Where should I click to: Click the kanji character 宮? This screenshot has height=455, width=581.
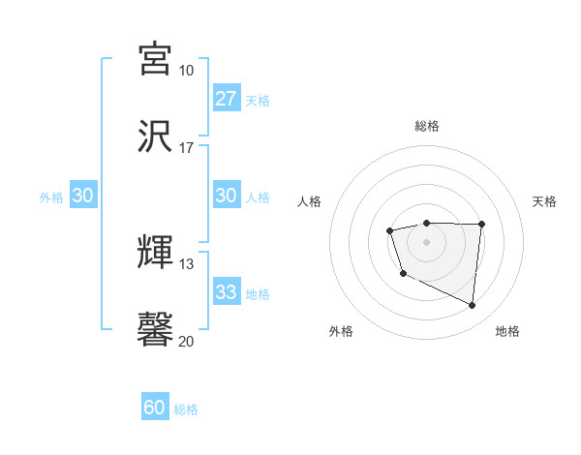click(156, 59)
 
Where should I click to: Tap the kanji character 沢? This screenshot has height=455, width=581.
click(156, 136)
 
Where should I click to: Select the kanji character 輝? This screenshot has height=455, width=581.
click(156, 253)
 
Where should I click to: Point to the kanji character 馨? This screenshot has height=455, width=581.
click(156, 330)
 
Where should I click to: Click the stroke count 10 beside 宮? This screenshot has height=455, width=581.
click(186, 71)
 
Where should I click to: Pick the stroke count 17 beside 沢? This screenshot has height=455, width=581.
click(186, 148)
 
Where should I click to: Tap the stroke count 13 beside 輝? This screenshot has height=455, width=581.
click(186, 264)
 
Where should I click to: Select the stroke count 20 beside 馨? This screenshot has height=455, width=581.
click(186, 342)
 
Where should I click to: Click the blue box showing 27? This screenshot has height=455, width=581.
click(227, 99)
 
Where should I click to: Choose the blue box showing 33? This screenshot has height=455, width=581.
click(227, 292)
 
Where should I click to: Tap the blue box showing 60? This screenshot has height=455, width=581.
click(155, 409)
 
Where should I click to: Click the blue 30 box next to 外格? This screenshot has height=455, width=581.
click(83, 196)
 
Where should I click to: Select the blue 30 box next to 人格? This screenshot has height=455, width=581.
click(227, 196)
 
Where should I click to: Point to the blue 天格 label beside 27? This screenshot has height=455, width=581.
click(258, 100)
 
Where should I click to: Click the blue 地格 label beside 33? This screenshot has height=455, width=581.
click(258, 293)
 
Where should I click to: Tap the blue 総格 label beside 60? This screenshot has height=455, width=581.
click(186, 409)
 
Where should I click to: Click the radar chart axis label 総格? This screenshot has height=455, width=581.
click(426, 126)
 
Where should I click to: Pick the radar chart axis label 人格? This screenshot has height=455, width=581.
click(310, 201)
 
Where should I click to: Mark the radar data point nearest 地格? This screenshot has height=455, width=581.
click(472, 305)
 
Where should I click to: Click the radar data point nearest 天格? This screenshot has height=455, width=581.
click(481, 225)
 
